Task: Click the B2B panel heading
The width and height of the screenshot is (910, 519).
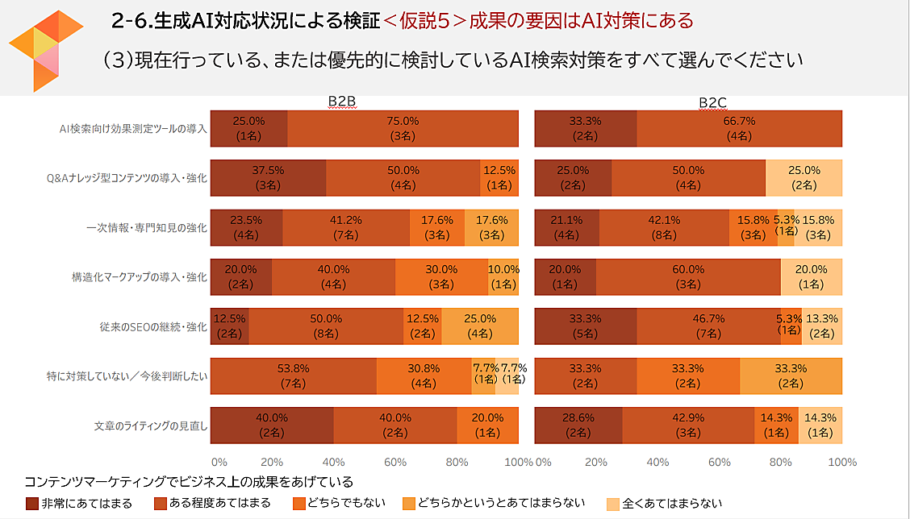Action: [342, 102]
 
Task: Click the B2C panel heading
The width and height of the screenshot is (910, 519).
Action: [713, 102]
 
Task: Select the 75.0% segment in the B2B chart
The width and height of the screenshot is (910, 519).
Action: [403, 129]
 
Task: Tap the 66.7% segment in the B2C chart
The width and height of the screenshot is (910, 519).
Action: [739, 129]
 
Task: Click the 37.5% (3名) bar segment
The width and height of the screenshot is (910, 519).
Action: [268, 178]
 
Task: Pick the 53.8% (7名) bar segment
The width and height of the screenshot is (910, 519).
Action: [293, 376]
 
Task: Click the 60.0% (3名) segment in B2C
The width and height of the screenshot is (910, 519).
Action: [688, 277]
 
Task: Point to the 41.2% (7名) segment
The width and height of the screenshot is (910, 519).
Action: [346, 227]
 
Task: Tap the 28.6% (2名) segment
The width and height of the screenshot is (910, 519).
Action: [578, 425]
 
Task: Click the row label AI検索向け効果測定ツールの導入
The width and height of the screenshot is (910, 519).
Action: [134, 129]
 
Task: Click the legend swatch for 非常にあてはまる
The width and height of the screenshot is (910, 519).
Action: [32, 504]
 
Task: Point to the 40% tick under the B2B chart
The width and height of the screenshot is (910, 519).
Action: [332, 463]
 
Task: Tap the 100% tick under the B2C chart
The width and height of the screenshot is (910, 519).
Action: [842, 463]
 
